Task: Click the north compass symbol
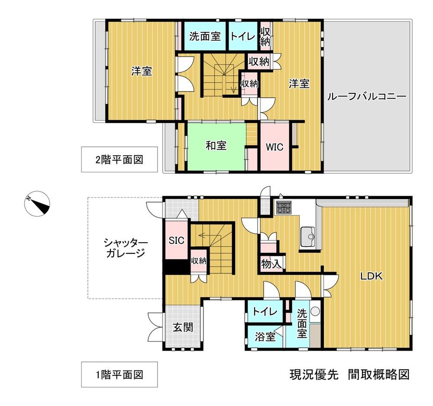tap(37, 204)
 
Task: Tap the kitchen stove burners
tap(284, 208)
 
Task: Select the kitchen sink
tap(307, 237)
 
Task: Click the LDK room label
tap(372, 276)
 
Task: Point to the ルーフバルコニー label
tap(367, 96)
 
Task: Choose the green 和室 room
tap(216, 147)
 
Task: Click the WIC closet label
tap(275, 147)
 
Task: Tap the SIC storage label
tap(177, 240)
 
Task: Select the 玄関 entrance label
tap(183, 328)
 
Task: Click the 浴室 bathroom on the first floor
tap(265, 337)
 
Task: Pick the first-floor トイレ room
tap(265, 311)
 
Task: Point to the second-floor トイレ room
tap(243, 36)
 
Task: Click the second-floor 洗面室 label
tap(205, 36)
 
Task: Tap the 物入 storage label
tap(272, 264)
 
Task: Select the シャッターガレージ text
tap(126, 248)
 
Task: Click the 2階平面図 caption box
tap(120, 160)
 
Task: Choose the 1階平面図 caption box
tap(120, 374)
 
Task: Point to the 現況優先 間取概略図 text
tap(349, 374)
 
